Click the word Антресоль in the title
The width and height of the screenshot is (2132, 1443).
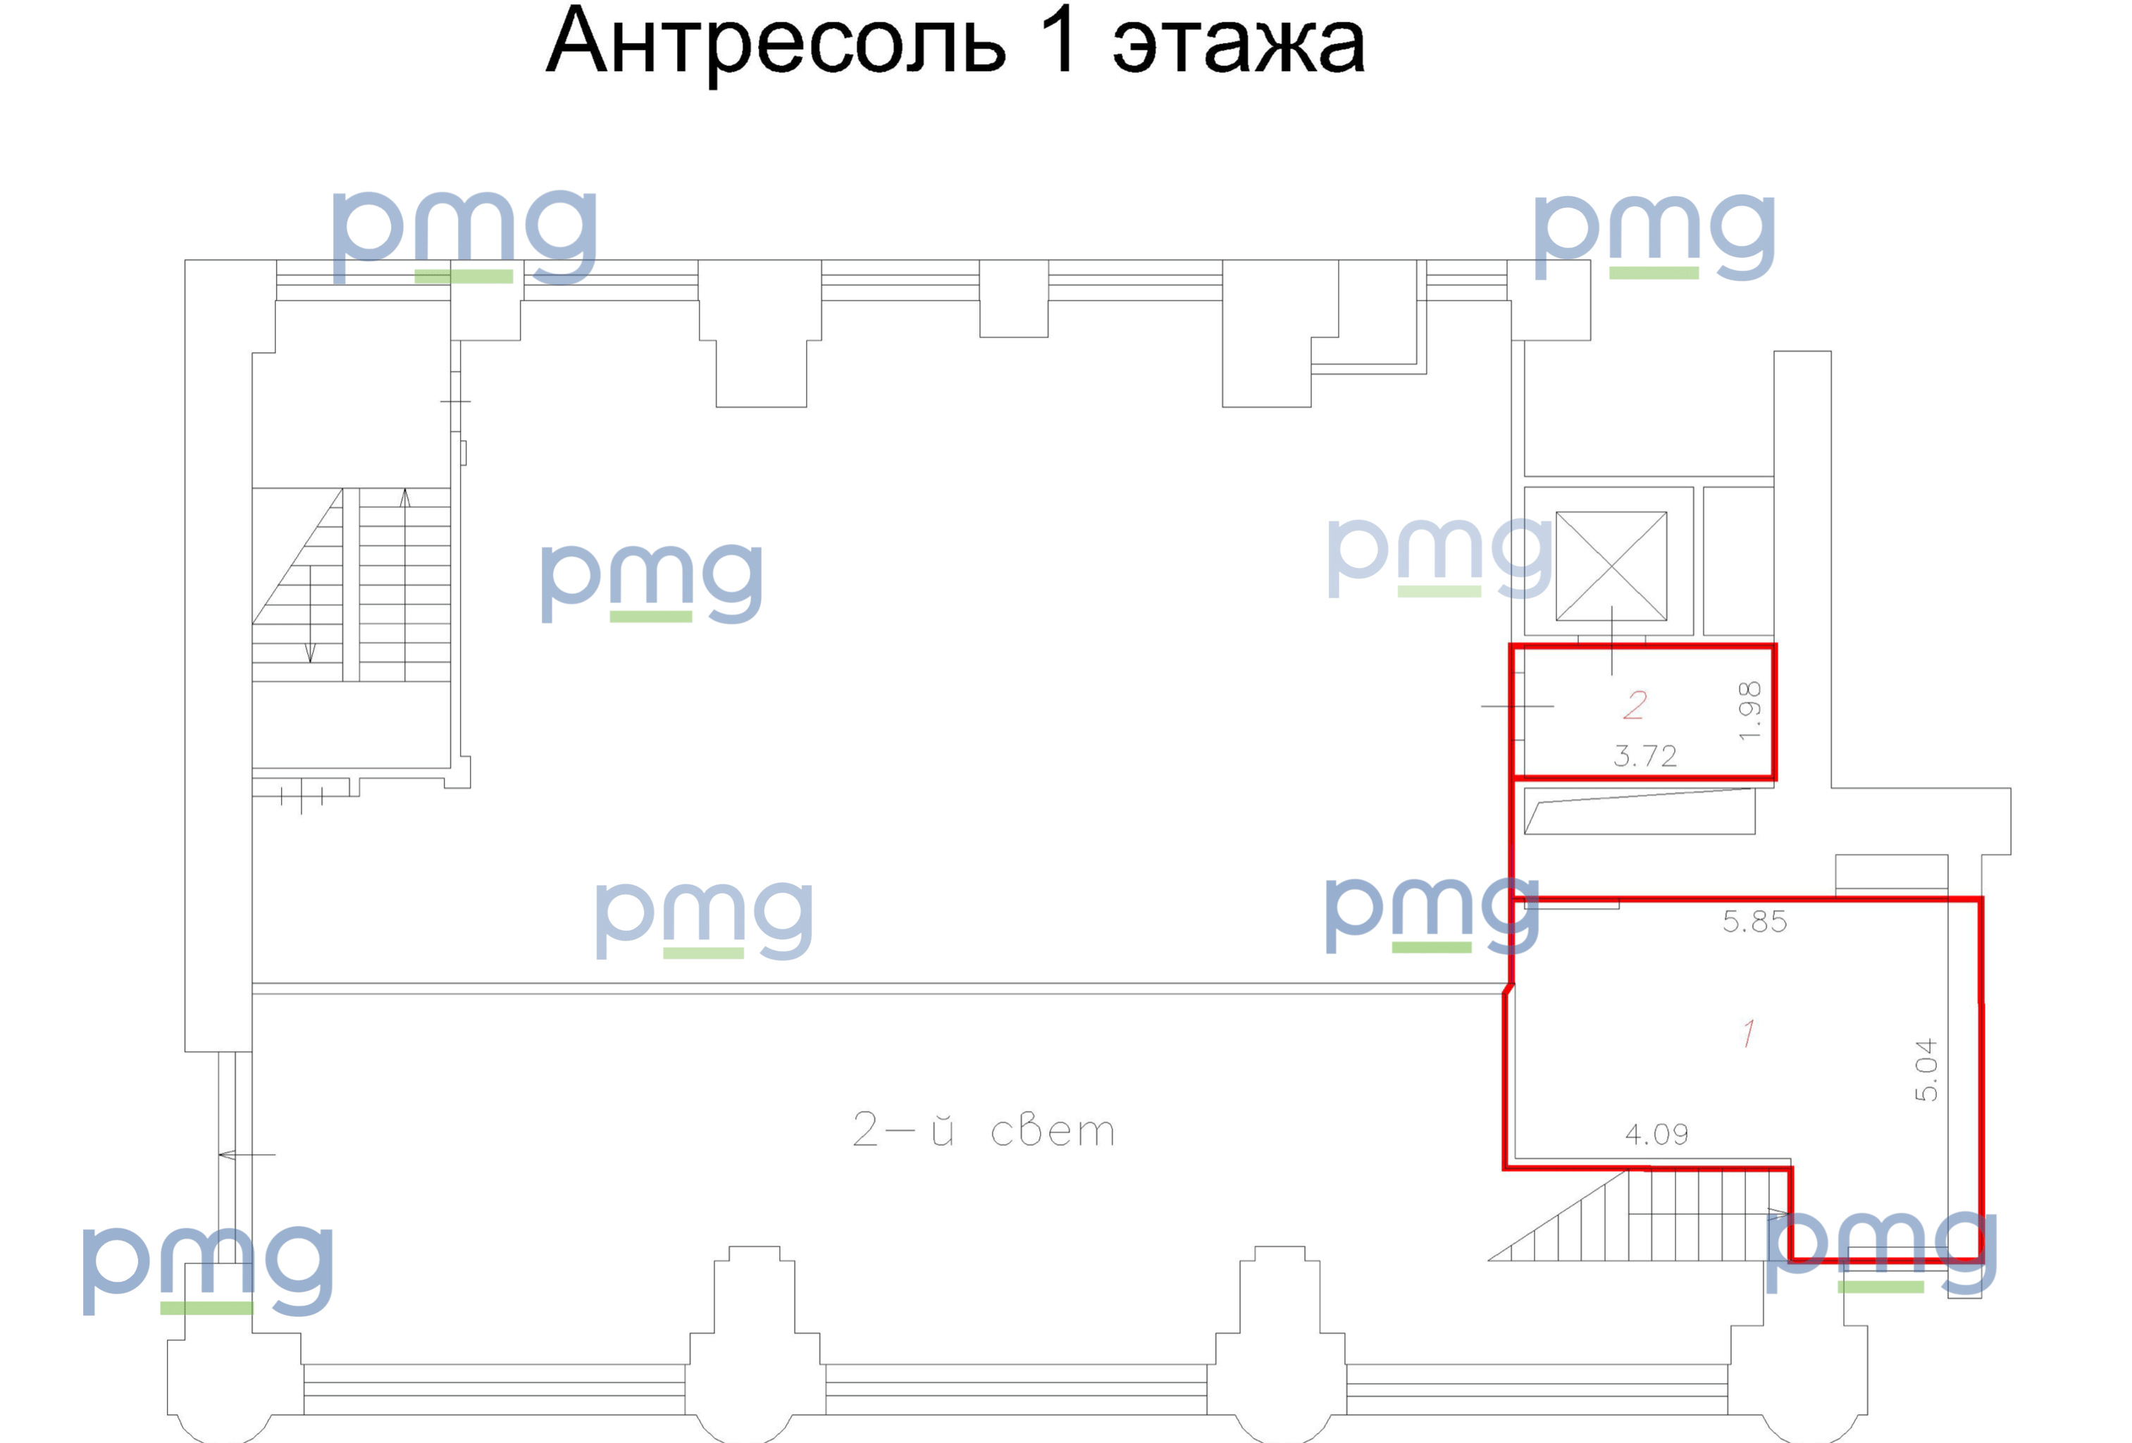tap(776, 42)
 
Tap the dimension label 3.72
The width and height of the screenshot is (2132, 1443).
tap(1645, 757)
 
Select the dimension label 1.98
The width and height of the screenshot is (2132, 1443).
tap(1749, 710)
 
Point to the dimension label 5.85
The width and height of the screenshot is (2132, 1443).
tap(1754, 922)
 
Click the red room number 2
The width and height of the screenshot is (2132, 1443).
tap(1635, 705)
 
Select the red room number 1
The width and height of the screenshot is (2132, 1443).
tap(1749, 1033)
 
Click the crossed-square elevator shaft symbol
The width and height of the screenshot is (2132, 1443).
tap(1611, 566)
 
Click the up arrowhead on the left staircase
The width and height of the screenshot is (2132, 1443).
tap(404, 498)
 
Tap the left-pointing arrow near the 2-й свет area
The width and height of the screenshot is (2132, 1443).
tap(247, 1154)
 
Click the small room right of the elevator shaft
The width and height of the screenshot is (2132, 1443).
tap(1738, 561)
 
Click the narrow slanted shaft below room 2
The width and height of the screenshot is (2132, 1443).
tap(1640, 811)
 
